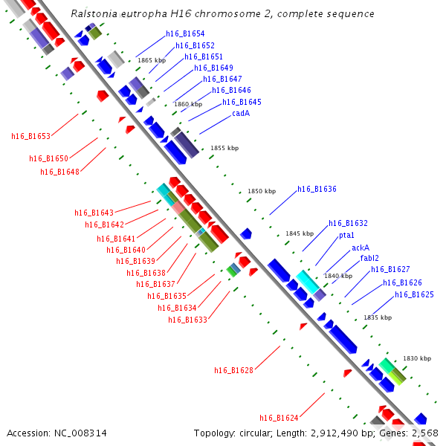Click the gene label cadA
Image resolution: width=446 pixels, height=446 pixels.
[241, 113]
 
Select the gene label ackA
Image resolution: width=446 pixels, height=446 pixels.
[361, 248]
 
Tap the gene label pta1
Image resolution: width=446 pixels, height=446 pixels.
[346, 236]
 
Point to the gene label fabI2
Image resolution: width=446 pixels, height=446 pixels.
[369, 258]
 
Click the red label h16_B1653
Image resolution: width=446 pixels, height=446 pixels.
[30, 136]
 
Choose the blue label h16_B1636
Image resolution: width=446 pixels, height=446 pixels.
[317, 189]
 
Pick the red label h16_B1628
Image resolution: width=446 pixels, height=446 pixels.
[233, 370]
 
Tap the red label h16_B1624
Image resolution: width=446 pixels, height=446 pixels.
[279, 418]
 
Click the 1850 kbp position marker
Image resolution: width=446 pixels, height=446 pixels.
[262, 191]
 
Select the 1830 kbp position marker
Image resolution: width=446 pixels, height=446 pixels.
[417, 358]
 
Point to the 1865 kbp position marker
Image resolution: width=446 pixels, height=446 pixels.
[152, 60]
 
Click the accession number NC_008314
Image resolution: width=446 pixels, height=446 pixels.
[80, 433]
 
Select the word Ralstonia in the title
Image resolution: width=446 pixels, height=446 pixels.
[94, 13]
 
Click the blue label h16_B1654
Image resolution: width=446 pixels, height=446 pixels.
[185, 34]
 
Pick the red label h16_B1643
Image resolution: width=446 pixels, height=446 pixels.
[94, 213]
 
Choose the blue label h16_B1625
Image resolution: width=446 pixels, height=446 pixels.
[414, 294]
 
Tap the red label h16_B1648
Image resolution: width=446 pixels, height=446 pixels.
[59, 172]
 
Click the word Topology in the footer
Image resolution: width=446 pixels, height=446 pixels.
[215, 433]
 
